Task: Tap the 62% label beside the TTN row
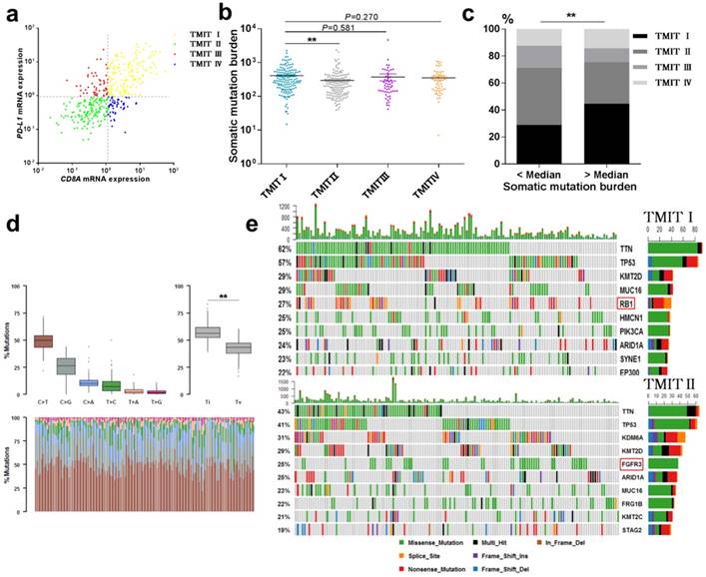pyautogui.click(x=286, y=248)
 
